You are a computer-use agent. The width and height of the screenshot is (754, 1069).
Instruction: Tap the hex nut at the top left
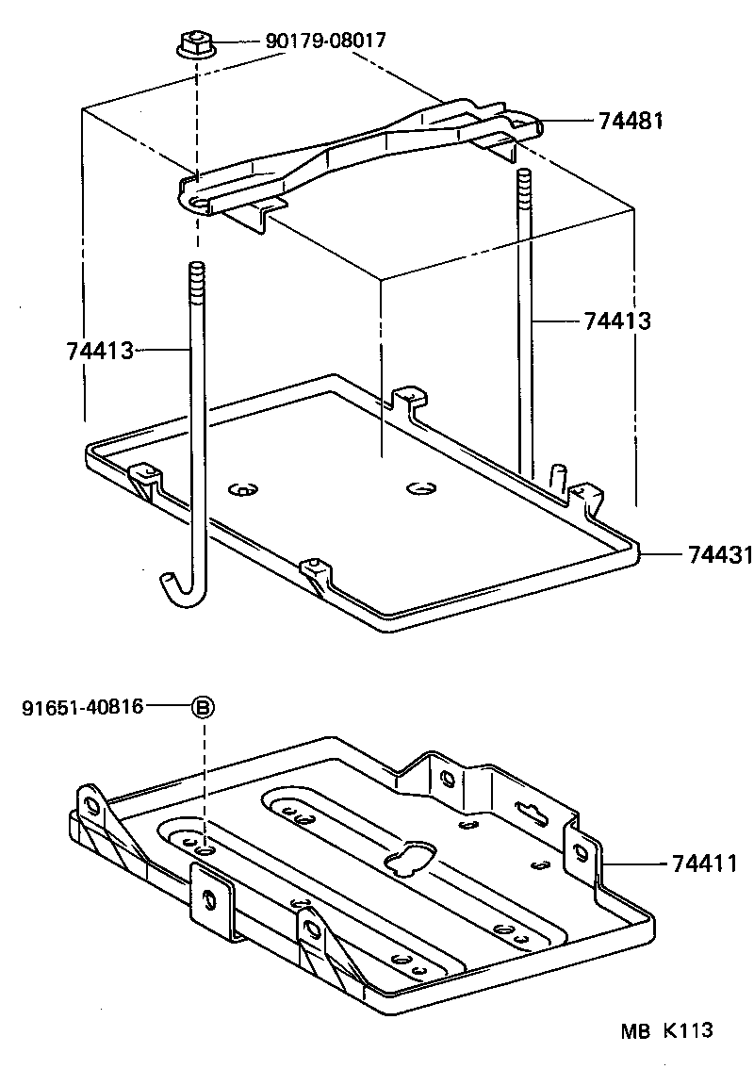[x=193, y=43]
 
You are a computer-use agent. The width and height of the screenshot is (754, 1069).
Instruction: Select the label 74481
[x=631, y=121]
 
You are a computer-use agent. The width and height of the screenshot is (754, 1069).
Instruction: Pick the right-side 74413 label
[x=617, y=321]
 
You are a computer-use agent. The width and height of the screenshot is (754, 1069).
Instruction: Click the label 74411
[x=705, y=862]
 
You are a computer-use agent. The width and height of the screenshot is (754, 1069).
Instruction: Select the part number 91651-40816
[x=82, y=706]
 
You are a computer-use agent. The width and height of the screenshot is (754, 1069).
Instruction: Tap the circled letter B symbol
[x=204, y=707]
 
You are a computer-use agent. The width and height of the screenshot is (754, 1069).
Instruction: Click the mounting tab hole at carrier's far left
[x=93, y=804]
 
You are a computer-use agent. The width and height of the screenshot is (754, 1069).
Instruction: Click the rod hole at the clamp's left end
[x=197, y=202]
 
